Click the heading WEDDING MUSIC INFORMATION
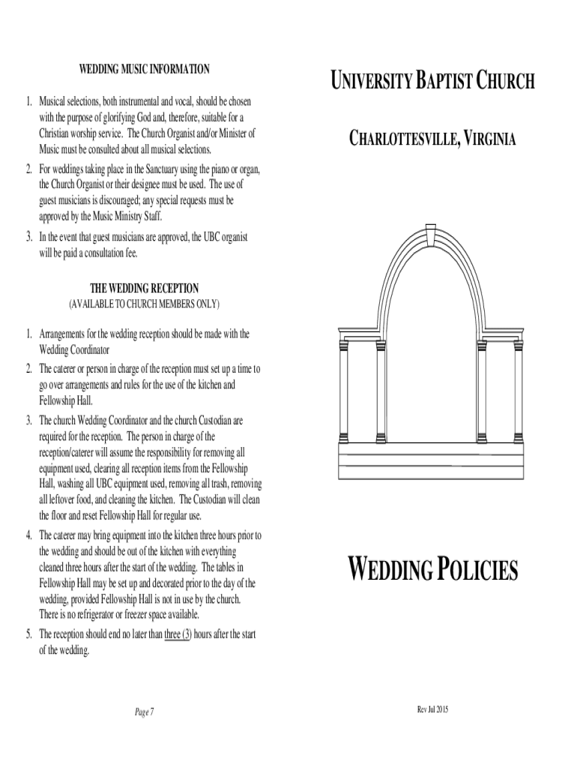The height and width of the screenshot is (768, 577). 144,70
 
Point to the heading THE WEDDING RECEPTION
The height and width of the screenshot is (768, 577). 145,289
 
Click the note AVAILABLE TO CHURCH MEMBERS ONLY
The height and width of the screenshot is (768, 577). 145,304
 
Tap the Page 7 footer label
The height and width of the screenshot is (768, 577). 144,712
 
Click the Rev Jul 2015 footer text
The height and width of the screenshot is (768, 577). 432,709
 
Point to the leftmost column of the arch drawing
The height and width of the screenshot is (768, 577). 344,390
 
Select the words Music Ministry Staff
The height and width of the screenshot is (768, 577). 130,216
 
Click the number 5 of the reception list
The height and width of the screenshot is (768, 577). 28,634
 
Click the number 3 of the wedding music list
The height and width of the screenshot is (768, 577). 28,236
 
